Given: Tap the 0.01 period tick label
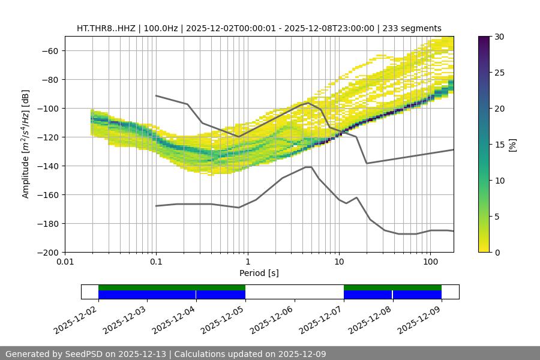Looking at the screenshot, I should coord(65,262).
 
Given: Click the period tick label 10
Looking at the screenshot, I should coord(339,262).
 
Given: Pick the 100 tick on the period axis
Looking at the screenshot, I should coord(430,262).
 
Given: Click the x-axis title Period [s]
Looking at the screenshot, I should coord(259,273).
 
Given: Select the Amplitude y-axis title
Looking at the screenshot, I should coord(25,144).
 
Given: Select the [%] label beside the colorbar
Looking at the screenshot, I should coord(512,144).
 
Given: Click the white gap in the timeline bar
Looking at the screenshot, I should coord(294,292).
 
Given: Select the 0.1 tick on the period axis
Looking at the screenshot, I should coord(156,262).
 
